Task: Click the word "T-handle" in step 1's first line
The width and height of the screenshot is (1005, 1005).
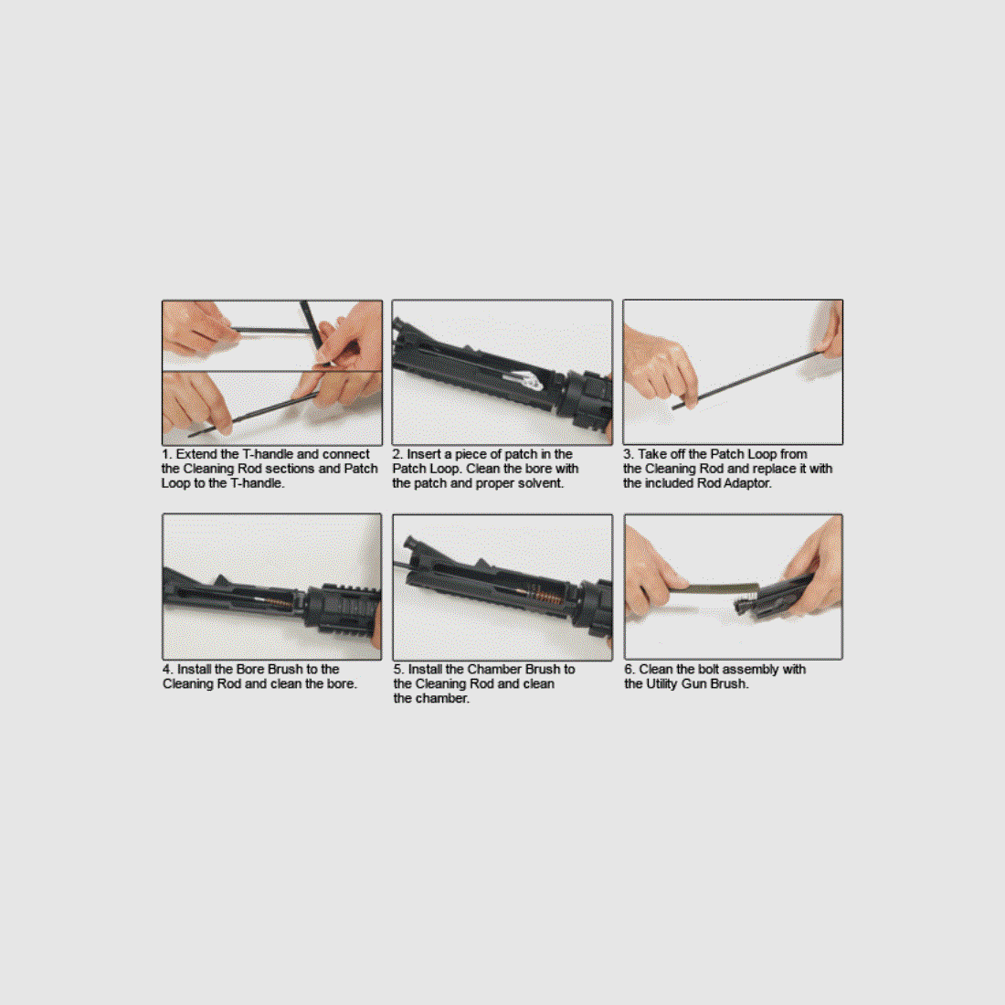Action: pos(267,454)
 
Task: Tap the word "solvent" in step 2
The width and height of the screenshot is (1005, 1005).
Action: pos(539,483)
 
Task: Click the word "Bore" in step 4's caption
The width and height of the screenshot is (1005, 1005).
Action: pos(250,670)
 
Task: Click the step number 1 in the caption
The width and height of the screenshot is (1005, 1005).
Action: pos(165,454)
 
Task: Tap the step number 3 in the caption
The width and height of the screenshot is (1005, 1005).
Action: pos(628,454)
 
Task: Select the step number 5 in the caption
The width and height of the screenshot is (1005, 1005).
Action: pos(397,670)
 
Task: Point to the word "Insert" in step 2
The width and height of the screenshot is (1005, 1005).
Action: pos(424,454)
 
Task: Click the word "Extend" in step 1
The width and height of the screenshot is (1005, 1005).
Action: pos(196,454)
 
